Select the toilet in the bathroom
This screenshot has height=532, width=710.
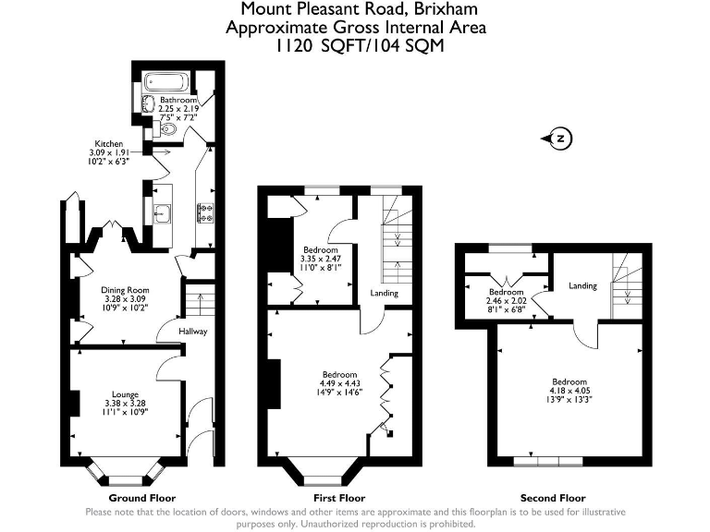point(165,130)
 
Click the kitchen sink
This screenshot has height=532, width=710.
point(161,213)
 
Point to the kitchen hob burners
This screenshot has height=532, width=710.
point(203,214)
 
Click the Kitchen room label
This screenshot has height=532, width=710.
point(108,144)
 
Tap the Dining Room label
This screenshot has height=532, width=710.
point(125,290)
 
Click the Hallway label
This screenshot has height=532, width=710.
point(193,332)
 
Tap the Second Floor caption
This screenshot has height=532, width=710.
point(553,497)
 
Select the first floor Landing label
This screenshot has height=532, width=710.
point(385,294)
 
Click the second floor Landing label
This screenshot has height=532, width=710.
point(582,285)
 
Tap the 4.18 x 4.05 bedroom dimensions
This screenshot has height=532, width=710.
point(569,391)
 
